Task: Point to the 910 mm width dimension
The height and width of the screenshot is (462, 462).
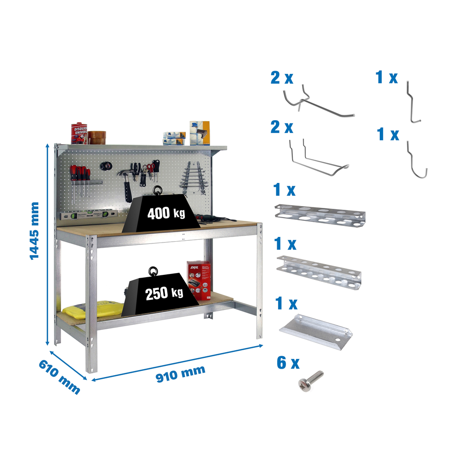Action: [180, 372]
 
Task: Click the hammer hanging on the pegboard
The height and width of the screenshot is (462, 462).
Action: [126, 182]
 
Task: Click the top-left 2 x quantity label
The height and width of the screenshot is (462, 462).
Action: [282, 78]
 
